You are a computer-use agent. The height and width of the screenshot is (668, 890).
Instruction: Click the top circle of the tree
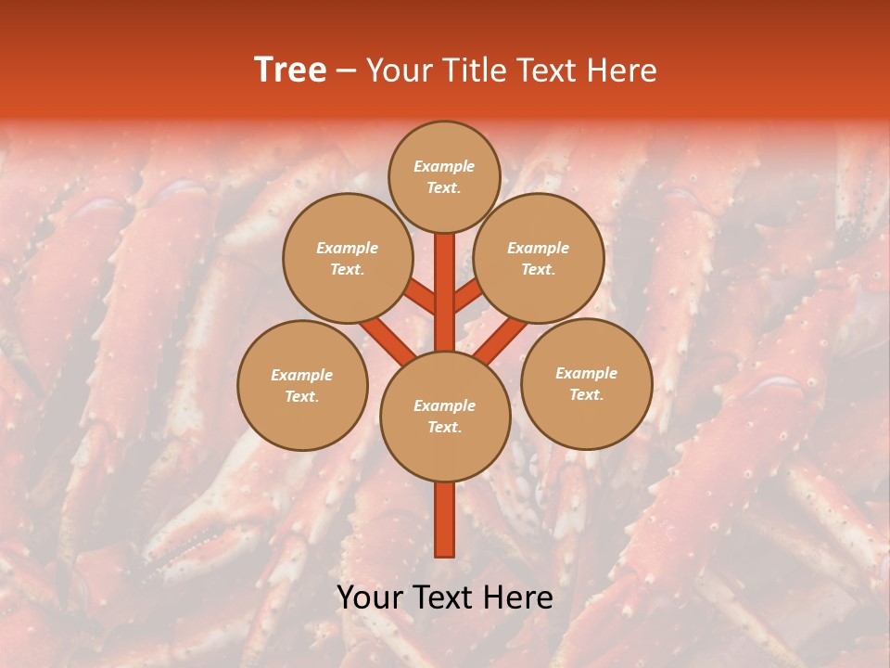[x=444, y=176]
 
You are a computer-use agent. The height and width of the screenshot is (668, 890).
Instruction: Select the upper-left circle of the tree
[x=348, y=258]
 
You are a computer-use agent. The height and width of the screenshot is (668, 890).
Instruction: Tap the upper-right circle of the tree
[x=539, y=258]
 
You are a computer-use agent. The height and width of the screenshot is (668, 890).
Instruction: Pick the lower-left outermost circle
[x=302, y=385]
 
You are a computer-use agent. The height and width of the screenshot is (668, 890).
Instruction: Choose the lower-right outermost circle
[x=587, y=383]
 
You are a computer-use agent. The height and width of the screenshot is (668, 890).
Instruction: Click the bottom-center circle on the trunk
[x=445, y=417]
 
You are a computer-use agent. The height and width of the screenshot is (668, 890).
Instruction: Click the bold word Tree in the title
[x=290, y=70]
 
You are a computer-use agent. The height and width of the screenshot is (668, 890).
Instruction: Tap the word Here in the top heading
[x=622, y=71]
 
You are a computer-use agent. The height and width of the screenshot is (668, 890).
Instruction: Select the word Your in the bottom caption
[x=371, y=597]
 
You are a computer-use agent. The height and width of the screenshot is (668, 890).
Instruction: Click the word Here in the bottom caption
[x=519, y=597]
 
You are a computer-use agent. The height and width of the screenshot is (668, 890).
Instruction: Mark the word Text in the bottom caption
[x=444, y=597]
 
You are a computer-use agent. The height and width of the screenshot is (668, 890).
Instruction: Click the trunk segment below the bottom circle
[x=445, y=520]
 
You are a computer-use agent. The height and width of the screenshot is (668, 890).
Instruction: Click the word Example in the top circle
[x=444, y=166]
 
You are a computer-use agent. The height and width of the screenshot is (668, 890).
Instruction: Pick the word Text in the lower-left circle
[x=302, y=396]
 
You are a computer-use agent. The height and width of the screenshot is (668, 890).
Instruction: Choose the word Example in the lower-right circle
[x=587, y=373]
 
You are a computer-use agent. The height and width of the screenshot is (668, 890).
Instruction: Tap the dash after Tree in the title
[x=346, y=71]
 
